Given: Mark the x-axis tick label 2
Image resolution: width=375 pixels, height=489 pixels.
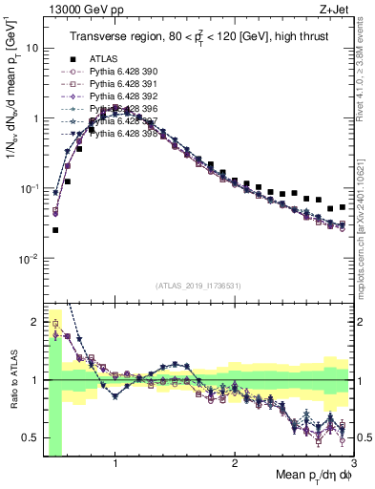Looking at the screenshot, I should click(x=235, y=464).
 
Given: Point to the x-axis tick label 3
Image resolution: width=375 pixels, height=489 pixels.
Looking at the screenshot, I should click(x=354, y=464).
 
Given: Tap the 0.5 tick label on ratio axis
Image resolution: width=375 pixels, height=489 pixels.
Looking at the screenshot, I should click(x=30, y=437).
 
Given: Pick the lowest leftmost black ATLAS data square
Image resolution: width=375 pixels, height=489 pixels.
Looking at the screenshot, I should click(x=55, y=230).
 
